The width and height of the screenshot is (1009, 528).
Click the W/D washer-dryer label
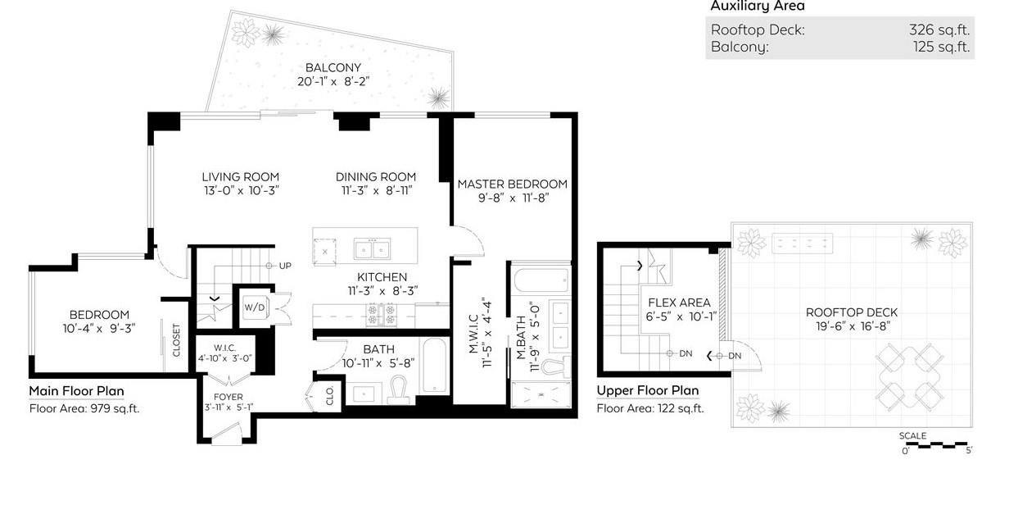click(x=255, y=307)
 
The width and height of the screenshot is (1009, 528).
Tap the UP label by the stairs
click(x=285, y=266)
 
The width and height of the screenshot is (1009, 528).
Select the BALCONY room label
click(x=333, y=67)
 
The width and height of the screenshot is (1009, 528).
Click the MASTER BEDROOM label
click(x=512, y=184)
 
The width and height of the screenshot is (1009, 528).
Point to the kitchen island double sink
click(x=372, y=249)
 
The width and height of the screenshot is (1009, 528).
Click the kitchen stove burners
click(x=381, y=314)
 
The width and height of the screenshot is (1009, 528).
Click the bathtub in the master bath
click(x=541, y=280)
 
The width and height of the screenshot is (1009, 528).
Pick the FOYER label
click(x=228, y=397)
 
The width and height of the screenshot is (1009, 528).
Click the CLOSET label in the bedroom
click(x=176, y=340)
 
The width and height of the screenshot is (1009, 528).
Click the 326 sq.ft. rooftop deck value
click(x=939, y=30)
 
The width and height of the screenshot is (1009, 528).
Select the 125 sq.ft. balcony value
click(x=942, y=47)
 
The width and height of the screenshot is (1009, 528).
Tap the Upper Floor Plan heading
click(x=648, y=390)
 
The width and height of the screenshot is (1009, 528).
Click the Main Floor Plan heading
click(x=77, y=391)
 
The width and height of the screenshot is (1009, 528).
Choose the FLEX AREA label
click(x=679, y=303)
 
